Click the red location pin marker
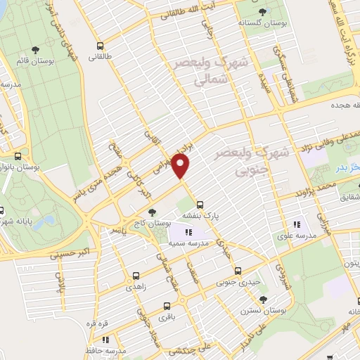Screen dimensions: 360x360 coord(181,166)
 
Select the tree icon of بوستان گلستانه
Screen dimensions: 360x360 coord(263,12)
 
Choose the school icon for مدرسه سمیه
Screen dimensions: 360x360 coord(188,232)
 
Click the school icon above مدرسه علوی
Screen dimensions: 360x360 coord(297,224)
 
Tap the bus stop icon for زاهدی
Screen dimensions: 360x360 coord(136,276)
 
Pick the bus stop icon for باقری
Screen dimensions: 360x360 coord(167,306)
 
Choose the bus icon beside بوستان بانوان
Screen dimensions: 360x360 coord(18,156)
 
